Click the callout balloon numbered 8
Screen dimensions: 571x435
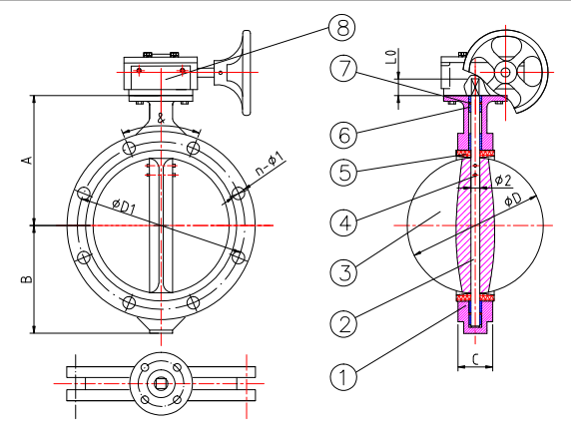click(x=342, y=28)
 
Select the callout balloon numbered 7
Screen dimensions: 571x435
click(x=343, y=69)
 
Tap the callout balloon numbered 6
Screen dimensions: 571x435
click(x=343, y=135)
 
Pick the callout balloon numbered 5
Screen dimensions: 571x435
click(x=343, y=172)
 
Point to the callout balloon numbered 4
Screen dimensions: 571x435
click(x=343, y=222)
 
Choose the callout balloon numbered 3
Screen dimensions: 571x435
click(x=343, y=272)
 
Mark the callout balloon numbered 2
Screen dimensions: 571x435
click(x=343, y=323)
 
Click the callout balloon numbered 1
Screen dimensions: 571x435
click(x=343, y=376)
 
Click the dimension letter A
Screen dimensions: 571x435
click(x=27, y=160)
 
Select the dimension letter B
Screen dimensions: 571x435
click(x=27, y=279)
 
